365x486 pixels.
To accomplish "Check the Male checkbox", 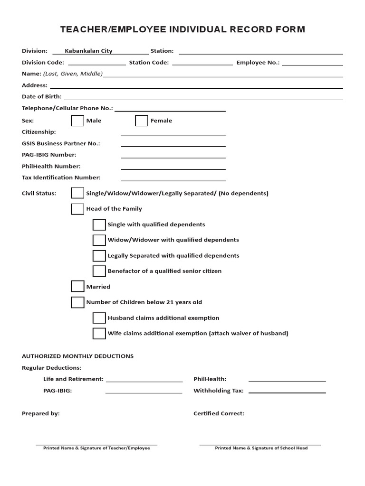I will pos(77,121).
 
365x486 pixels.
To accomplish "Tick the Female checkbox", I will pos(141,121).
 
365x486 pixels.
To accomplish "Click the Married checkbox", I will pos(77,286).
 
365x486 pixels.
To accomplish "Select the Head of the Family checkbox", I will pos(77,208).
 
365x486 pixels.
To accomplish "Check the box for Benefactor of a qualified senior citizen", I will pos(99,271).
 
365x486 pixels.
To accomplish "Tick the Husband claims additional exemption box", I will pos(99,318).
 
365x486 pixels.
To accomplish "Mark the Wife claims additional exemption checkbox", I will pos(99,333).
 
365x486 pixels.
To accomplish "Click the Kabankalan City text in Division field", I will pos(88,51).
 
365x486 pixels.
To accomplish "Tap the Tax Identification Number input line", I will pos(173,178).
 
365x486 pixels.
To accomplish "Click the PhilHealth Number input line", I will pos(173,167).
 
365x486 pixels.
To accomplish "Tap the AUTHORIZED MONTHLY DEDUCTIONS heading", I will pos(77,356).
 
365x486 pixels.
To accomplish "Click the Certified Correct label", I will pos(219,413).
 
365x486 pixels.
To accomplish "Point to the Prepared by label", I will pos(41,413).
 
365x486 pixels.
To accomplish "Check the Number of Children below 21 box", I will pos(77,302).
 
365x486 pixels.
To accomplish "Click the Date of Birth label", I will pos(42,96).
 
